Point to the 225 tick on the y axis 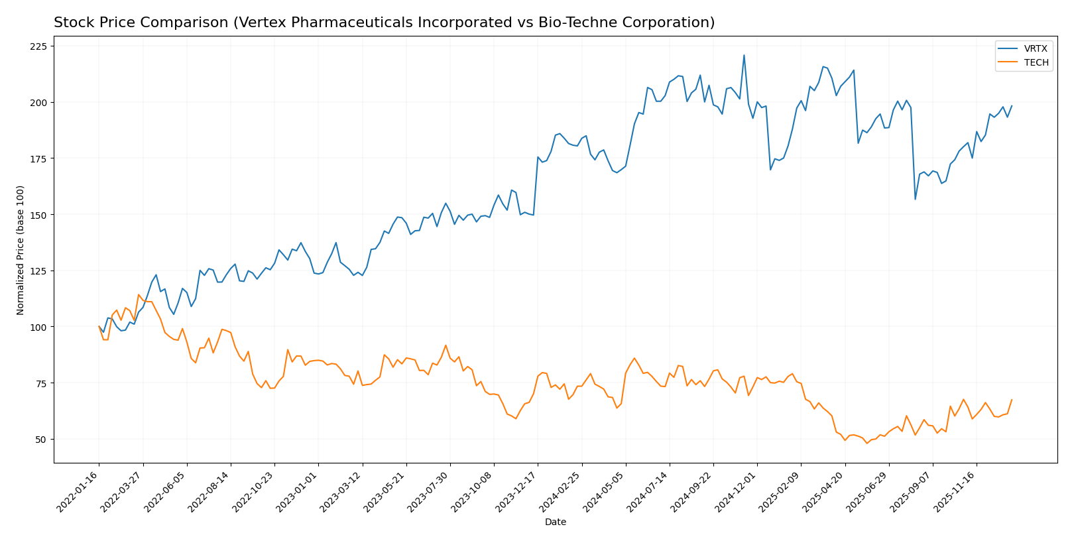pyautogui.click(x=38, y=46)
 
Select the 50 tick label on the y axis pyautogui.click(x=40, y=440)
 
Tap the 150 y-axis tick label pyautogui.click(x=38, y=215)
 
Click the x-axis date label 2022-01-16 pyautogui.click(x=79, y=491)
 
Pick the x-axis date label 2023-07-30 pyautogui.click(x=430, y=491)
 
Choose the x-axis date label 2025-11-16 pyautogui.click(x=956, y=491)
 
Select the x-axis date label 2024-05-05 pyautogui.click(x=605, y=491)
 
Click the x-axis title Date pyautogui.click(x=556, y=522)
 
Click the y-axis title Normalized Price pyautogui.click(x=21, y=250)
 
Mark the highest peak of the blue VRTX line pyautogui.click(x=744, y=55)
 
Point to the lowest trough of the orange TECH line pyautogui.click(x=866, y=443)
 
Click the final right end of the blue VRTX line pyautogui.click(x=1012, y=106)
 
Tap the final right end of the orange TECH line pyautogui.click(x=1012, y=400)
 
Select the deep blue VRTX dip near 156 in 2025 pyautogui.click(x=915, y=199)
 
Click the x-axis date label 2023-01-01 pyautogui.click(x=298, y=491)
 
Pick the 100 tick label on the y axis pyautogui.click(x=38, y=327)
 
